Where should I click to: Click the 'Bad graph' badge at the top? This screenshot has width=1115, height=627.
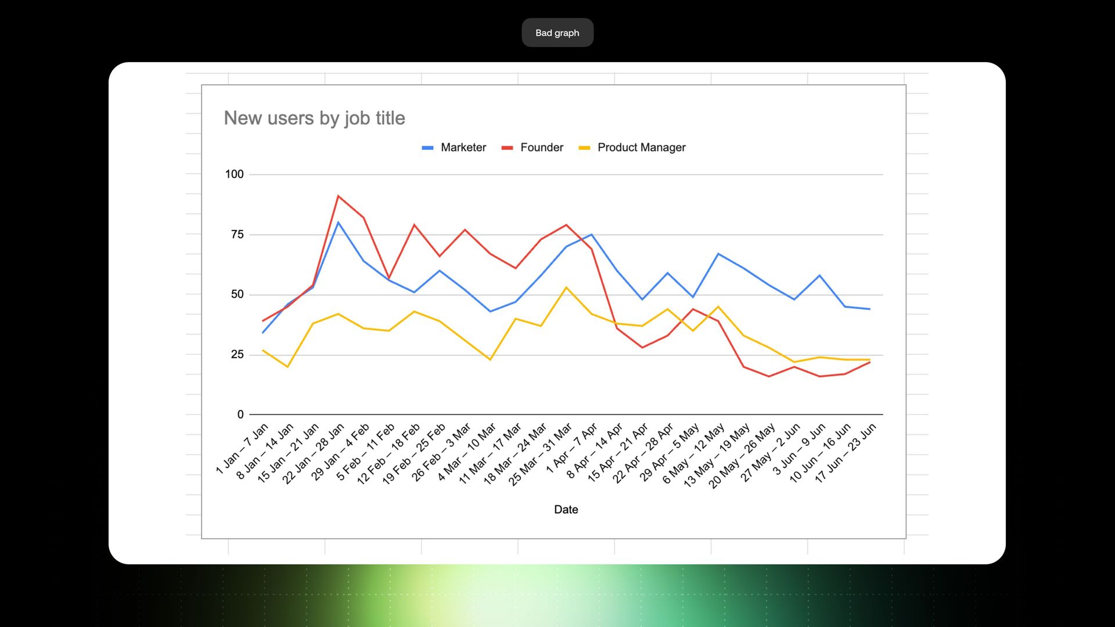557,33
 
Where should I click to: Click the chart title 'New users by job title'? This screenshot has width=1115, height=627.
314,118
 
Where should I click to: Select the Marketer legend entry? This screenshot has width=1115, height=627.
454,147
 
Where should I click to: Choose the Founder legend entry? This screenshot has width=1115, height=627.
532,147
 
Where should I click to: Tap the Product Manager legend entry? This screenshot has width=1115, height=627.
632,147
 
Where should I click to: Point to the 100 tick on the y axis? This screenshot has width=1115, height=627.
235,174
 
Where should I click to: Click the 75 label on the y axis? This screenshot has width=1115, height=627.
238,235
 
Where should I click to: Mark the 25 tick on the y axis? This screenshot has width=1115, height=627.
238,355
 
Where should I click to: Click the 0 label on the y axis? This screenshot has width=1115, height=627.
240,415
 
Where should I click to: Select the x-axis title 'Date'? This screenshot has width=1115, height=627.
566,510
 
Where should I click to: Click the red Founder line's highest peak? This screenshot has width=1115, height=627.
338,196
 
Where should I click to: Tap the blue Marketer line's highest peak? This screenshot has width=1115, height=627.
338,222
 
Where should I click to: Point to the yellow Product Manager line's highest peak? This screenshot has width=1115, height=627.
566,287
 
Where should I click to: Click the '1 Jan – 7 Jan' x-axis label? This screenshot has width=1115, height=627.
242,448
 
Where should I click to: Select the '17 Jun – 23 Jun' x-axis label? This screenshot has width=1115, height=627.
846,453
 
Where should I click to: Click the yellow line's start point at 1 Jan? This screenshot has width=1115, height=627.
263,350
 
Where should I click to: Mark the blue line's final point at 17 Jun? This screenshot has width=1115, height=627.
869,309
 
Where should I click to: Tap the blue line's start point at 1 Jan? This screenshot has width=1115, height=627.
263,333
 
